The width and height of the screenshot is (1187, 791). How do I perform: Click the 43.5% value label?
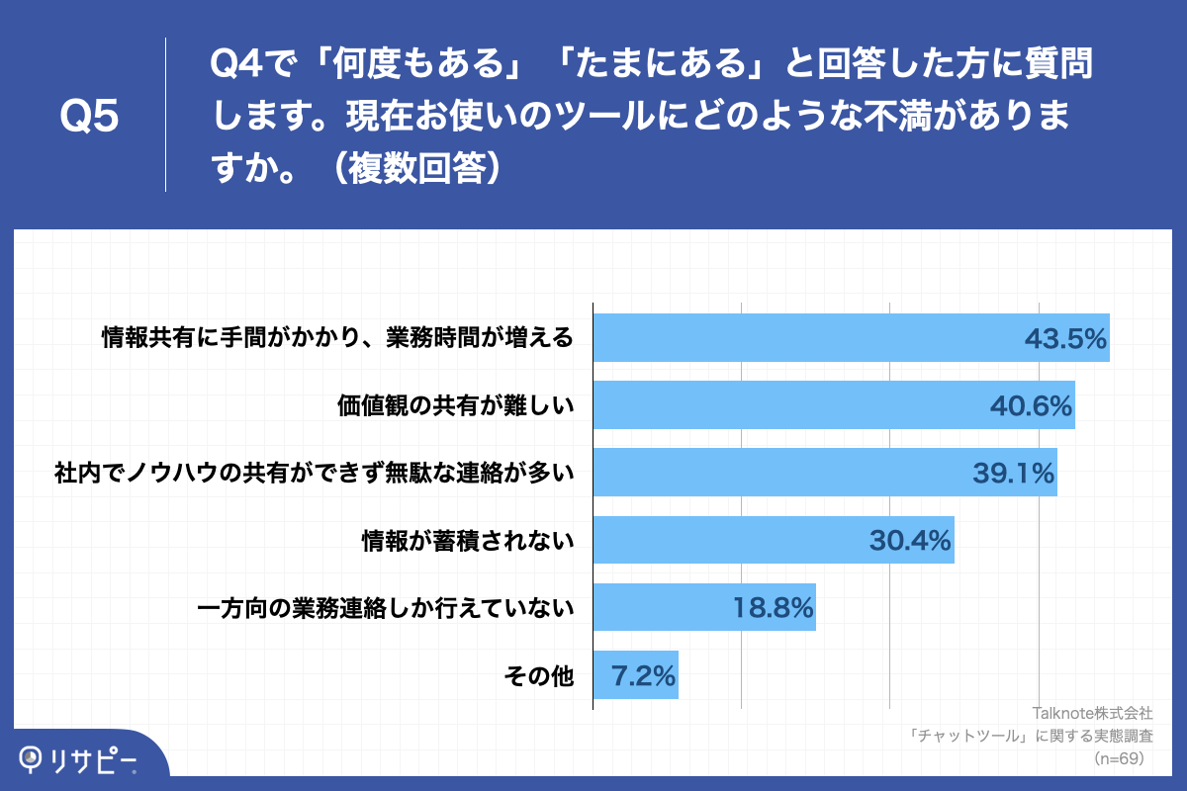pyautogui.click(x=1064, y=339)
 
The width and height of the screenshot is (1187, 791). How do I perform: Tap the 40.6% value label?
pyautogui.click(x=1032, y=406)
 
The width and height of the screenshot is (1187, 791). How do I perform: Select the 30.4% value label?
pyautogui.click(x=910, y=541)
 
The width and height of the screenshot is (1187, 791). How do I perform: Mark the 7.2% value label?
pyautogui.click(x=644, y=676)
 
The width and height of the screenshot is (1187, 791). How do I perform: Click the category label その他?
pyautogui.click(x=538, y=676)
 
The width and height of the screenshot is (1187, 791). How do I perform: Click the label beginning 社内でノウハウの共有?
pyautogui.click(x=314, y=474)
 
